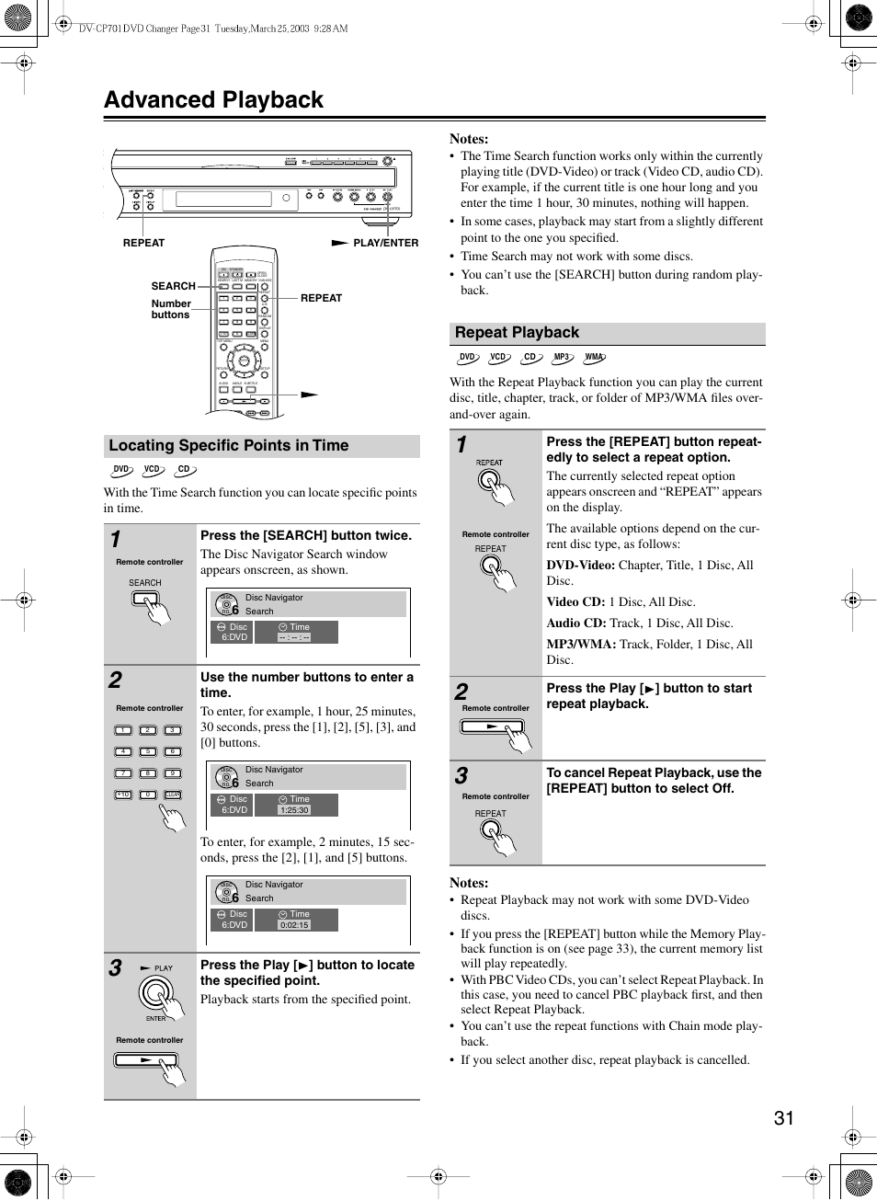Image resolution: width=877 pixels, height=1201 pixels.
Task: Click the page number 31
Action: (783, 1118)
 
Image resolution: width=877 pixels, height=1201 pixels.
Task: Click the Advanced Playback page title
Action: (214, 100)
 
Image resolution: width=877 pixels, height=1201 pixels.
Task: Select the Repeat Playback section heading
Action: (517, 333)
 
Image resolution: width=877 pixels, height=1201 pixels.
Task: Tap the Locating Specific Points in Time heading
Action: (229, 446)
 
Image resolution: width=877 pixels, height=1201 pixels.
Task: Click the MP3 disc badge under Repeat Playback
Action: (562, 358)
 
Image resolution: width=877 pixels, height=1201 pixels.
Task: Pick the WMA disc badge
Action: (595, 358)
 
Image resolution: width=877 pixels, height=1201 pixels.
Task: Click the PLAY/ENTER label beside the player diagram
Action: (385, 244)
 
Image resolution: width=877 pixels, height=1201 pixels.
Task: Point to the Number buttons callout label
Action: (171, 309)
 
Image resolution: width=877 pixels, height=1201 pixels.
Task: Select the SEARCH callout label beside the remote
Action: (173, 286)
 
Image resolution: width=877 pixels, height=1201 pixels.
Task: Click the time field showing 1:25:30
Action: (294, 810)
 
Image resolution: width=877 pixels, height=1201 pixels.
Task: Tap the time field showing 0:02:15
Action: (294, 925)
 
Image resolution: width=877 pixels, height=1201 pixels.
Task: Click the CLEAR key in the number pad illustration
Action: (172, 795)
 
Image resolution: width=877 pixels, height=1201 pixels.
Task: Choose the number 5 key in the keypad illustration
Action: (148, 751)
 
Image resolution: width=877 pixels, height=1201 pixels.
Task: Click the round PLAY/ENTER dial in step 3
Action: (156, 993)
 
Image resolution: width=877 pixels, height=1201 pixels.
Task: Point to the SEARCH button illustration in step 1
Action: (145, 599)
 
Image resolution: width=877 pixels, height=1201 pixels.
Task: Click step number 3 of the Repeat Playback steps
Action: (461, 776)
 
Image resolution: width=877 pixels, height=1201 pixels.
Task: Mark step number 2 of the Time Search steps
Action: (115, 681)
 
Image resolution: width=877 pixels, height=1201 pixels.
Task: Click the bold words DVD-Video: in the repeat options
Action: (581, 566)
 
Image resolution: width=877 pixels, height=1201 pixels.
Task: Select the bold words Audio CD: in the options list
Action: (576, 623)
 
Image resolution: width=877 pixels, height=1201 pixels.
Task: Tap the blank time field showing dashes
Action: (294, 637)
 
